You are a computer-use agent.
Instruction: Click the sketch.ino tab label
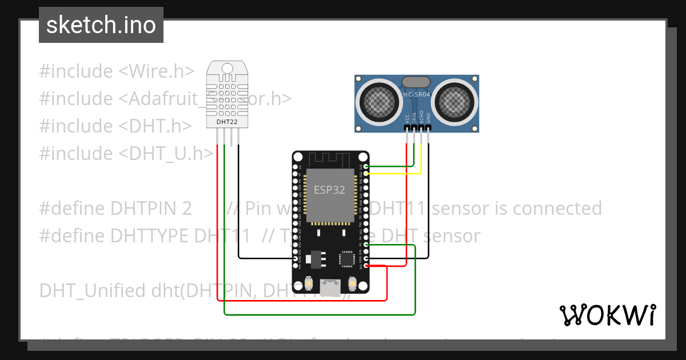(x=101, y=25)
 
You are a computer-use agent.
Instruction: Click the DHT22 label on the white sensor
(x=227, y=122)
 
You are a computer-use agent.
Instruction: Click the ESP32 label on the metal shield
(x=329, y=190)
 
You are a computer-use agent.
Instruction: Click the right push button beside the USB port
(x=352, y=283)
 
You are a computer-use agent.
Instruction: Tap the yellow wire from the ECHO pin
(x=421, y=157)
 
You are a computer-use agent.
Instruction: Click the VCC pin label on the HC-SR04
(x=407, y=118)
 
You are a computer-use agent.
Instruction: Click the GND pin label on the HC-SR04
(x=428, y=118)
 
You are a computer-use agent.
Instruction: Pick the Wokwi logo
(x=607, y=315)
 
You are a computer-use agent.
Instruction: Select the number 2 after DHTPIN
(x=187, y=209)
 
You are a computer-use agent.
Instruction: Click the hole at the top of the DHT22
(x=227, y=69)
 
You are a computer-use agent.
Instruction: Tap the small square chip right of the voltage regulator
(x=346, y=259)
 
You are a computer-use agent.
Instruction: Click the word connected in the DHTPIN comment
(x=557, y=209)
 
